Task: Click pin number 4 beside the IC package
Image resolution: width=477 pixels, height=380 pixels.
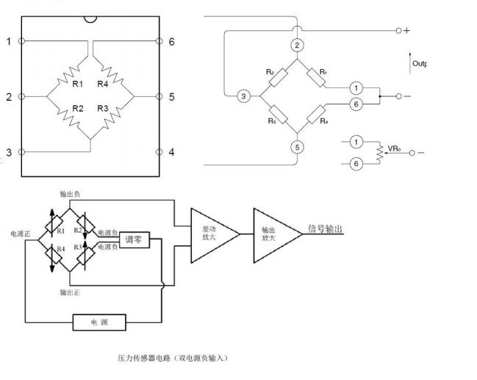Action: coord(171,152)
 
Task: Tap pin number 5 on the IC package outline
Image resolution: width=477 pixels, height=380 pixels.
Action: coord(171,96)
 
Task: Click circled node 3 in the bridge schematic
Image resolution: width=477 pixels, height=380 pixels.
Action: coord(243,96)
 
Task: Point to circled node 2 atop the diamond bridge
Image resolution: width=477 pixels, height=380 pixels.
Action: coord(297,46)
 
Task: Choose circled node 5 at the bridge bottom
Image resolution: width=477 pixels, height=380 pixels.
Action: coord(297,147)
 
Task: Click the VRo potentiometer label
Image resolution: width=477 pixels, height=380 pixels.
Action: coord(394,148)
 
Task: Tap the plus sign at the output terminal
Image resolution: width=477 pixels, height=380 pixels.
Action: coord(406,30)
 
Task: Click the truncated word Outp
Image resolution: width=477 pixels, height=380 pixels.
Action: coord(419,64)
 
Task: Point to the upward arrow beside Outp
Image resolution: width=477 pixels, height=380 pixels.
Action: coord(409,61)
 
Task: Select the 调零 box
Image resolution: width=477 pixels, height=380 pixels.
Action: coord(134,239)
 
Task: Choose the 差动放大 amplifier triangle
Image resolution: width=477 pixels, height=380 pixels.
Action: coord(212,233)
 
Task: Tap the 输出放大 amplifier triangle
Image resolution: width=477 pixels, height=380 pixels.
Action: coord(273,233)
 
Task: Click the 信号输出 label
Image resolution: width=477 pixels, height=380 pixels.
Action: coord(324,229)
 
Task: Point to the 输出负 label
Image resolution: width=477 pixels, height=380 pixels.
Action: coord(71,195)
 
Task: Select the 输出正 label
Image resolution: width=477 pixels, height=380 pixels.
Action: coord(71,292)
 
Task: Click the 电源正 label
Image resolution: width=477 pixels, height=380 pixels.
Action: coord(20,234)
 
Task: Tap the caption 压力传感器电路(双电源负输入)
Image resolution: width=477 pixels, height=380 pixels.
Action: coord(173,358)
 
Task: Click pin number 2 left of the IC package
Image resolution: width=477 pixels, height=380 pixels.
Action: coord(9,96)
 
